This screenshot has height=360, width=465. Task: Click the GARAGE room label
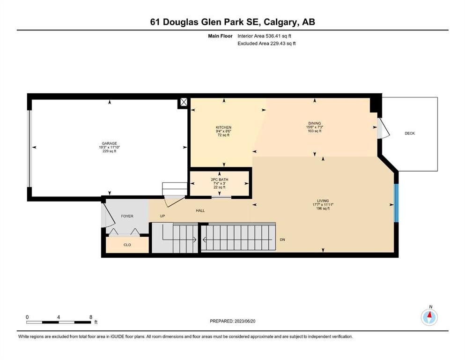tap(109, 143)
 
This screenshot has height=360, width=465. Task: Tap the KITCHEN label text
tap(223, 127)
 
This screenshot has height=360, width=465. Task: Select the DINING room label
tap(314, 123)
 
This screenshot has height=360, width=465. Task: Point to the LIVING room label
tap(323, 201)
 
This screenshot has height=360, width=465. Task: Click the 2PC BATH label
tap(220, 180)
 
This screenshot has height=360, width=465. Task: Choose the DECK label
tap(410, 133)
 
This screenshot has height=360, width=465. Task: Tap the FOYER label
tap(127, 216)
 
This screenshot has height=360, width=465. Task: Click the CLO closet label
tap(127, 245)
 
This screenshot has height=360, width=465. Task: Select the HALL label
tap(200, 210)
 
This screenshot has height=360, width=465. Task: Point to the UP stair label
tap(162, 216)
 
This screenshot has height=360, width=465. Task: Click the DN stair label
tap(282, 240)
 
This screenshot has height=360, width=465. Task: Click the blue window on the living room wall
tap(396, 203)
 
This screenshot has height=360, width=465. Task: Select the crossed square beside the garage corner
tap(184, 102)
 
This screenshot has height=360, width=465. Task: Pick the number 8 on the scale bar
tap(91, 317)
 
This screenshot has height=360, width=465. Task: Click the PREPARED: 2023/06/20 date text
tap(232, 321)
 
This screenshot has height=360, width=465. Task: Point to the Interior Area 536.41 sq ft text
tap(264, 36)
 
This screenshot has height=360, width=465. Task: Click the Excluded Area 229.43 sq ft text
tap(266, 43)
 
